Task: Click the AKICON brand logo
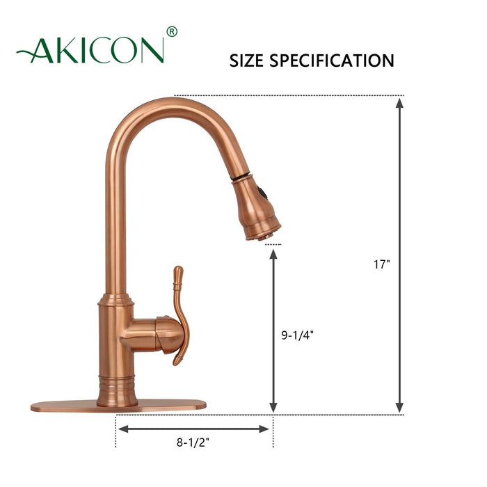pyautogui.click(x=91, y=50)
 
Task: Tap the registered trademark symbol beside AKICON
pyautogui.click(x=173, y=31)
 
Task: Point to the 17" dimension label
pyautogui.click(x=382, y=264)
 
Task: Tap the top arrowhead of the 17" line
pyautogui.click(x=399, y=103)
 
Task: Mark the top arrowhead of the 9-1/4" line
pyautogui.click(x=273, y=255)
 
